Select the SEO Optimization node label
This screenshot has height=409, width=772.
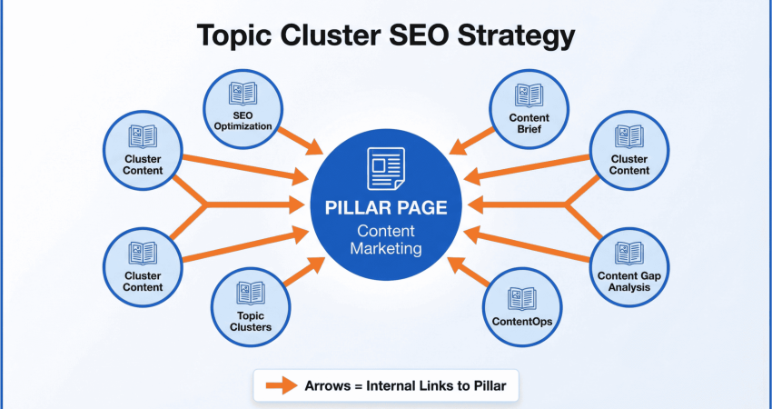click(x=242, y=121)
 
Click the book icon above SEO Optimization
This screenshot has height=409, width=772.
click(x=242, y=93)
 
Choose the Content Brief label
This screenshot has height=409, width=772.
click(x=530, y=124)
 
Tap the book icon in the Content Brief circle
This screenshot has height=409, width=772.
click(x=530, y=95)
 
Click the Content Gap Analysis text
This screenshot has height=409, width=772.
click(x=629, y=282)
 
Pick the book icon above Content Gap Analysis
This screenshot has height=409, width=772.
click(x=629, y=254)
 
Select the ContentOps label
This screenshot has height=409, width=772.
click(x=522, y=322)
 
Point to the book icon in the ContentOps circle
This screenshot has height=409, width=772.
click(x=522, y=299)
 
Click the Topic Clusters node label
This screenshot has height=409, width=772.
click(x=251, y=321)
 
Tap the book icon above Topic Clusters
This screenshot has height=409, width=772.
click(x=251, y=293)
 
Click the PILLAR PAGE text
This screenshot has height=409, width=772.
click(x=386, y=207)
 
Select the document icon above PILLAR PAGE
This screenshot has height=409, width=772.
click(x=386, y=168)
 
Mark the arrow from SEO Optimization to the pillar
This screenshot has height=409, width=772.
click(x=301, y=141)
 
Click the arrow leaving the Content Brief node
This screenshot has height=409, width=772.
click(x=471, y=142)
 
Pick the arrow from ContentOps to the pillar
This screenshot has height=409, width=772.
click(x=469, y=272)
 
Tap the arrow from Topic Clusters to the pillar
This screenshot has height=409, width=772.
click(x=304, y=272)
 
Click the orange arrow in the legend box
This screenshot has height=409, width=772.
click(x=282, y=385)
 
